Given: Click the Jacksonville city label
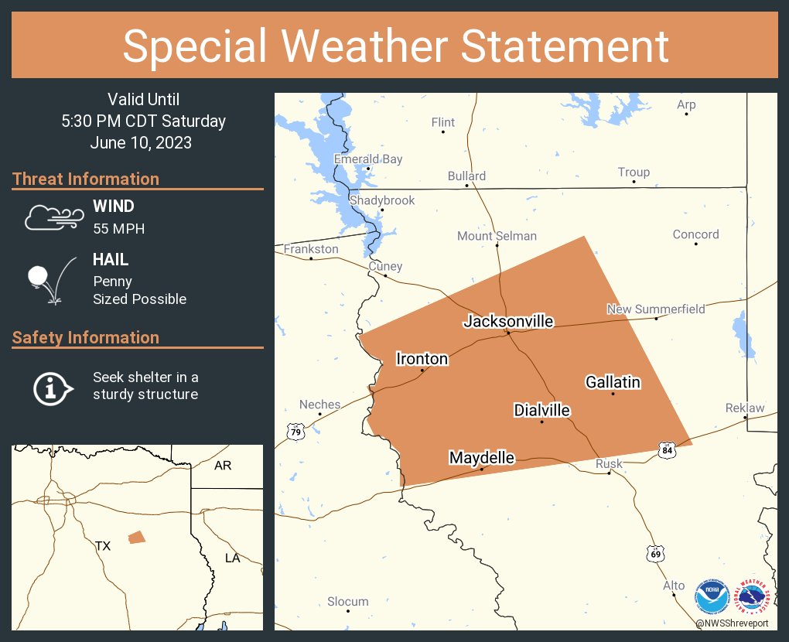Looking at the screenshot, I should (508, 321).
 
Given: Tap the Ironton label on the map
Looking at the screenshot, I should (422, 358).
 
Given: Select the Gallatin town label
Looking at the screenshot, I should (613, 382).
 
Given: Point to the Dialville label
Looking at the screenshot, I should (541, 410).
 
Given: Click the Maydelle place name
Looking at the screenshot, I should (481, 458).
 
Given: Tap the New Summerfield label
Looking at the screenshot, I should (656, 309).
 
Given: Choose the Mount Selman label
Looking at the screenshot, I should (497, 236).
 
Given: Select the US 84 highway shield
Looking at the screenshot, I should (667, 449).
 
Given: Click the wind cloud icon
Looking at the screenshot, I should (52, 218).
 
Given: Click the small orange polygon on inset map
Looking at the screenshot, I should (136, 537).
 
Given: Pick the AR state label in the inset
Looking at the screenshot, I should (223, 466).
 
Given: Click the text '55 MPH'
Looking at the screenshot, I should (118, 229).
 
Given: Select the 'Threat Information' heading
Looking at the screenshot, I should (86, 179).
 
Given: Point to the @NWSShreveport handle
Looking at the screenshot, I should (732, 623).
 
